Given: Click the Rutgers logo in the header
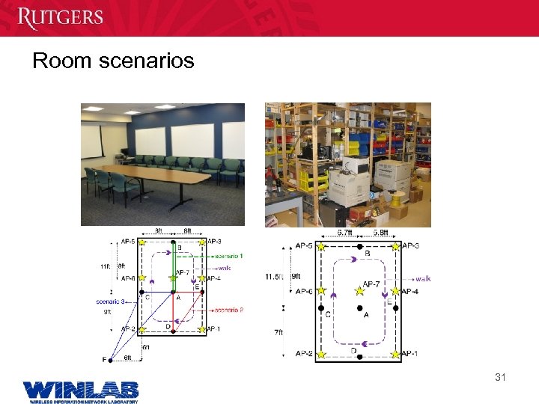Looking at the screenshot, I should click(60, 17).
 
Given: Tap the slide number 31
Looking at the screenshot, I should click(500, 377).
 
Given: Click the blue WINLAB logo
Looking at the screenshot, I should click(81, 389).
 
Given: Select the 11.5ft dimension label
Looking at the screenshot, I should click(274, 277).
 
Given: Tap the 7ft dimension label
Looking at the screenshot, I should click(278, 331).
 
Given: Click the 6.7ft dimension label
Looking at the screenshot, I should click(345, 233).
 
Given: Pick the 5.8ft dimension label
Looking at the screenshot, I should click(382, 233).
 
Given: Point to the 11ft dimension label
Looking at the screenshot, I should click(105, 266).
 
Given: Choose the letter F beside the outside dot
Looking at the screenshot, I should click(105, 360).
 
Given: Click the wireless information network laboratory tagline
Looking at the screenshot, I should click(80, 401).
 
